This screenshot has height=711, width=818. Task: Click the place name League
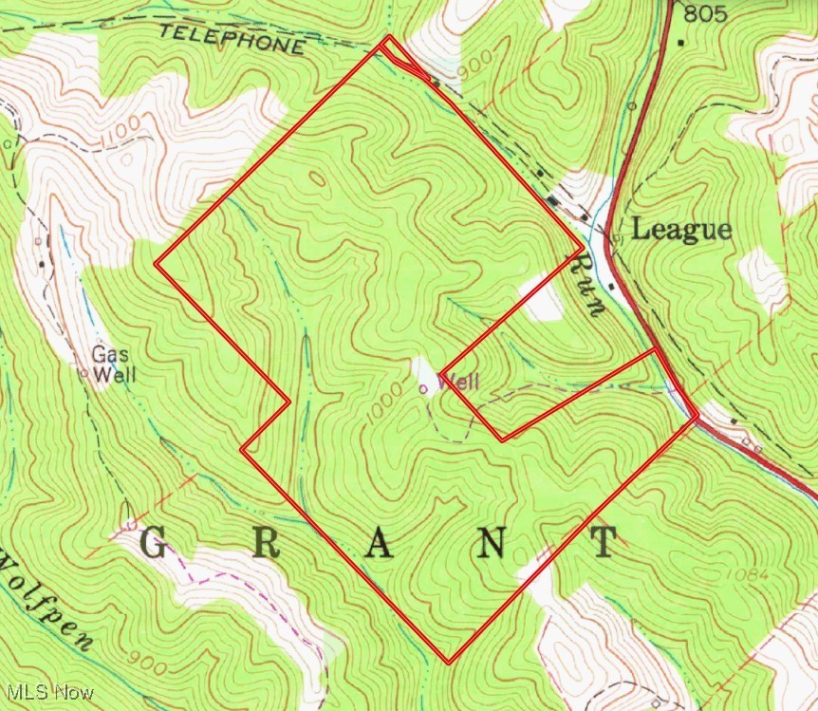(x=681, y=230)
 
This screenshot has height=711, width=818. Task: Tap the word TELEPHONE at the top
(x=232, y=39)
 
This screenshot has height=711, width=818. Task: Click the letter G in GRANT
(x=155, y=543)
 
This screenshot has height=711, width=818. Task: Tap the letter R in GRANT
(x=267, y=543)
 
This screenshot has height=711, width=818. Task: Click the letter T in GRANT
(x=603, y=543)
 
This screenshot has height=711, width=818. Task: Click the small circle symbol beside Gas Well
(x=84, y=374)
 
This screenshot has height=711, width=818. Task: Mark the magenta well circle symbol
(x=423, y=387)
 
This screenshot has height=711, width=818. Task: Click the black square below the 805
(x=681, y=42)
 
